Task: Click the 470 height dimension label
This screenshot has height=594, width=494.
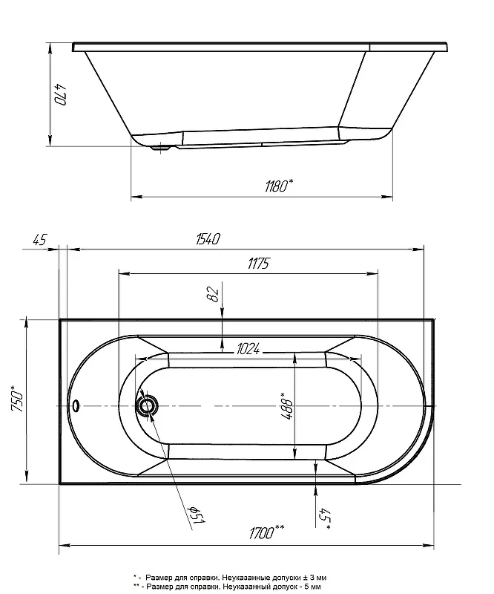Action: point(61,95)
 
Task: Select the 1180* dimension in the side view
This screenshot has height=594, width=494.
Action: point(279,186)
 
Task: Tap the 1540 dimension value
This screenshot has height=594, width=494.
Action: point(208,239)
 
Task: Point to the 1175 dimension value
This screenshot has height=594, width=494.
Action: point(259,264)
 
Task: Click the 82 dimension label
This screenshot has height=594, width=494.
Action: point(214,294)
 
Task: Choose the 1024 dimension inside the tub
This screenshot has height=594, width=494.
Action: point(248,349)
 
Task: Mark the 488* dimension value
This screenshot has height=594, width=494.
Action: point(287,405)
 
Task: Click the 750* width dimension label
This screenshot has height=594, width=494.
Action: point(19,399)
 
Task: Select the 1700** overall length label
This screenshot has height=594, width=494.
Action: point(267,532)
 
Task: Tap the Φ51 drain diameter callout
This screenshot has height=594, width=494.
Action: point(197,515)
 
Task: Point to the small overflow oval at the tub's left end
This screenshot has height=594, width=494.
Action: point(76,405)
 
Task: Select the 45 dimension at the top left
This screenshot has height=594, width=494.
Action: point(40,240)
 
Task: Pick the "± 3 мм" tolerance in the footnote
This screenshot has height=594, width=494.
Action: point(314,578)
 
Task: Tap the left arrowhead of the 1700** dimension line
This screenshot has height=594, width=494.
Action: point(65,546)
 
